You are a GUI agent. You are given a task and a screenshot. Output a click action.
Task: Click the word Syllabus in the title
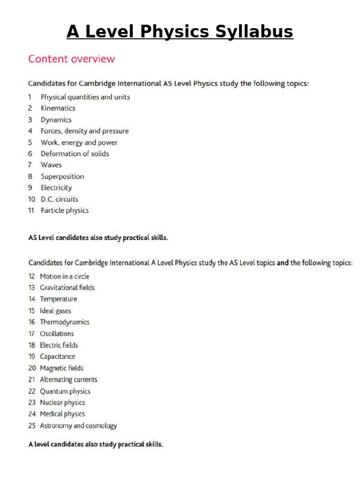(x=252, y=32)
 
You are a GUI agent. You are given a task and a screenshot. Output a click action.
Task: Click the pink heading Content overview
(x=71, y=59)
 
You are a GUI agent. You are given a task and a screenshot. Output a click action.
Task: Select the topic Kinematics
(x=58, y=108)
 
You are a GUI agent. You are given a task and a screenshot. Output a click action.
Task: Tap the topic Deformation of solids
(x=75, y=154)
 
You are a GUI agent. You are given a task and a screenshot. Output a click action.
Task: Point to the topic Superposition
(x=62, y=177)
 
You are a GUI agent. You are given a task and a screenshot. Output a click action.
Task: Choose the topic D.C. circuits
(x=60, y=199)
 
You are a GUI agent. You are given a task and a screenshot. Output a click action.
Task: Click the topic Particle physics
(x=64, y=210)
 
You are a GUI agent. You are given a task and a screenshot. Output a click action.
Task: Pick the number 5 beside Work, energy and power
(x=30, y=142)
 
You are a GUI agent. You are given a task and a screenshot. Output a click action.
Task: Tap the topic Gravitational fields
(x=67, y=288)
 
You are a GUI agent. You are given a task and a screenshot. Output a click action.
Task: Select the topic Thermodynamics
(x=64, y=322)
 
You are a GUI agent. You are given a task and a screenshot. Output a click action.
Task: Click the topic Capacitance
(x=57, y=357)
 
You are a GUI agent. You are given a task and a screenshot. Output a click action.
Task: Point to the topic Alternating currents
(x=68, y=380)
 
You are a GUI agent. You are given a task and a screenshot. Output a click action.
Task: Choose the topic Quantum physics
(x=65, y=391)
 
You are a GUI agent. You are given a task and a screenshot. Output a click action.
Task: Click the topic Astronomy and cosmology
(x=78, y=426)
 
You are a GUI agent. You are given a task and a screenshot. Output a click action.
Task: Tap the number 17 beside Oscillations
(x=31, y=334)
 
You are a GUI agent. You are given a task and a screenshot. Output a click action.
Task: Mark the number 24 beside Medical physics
(x=32, y=414)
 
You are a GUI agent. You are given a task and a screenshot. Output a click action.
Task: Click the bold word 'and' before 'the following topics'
(x=283, y=263)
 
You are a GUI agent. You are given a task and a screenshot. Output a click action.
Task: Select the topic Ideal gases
(x=55, y=311)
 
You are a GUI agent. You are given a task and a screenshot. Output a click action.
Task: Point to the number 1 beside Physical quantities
(x=30, y=97)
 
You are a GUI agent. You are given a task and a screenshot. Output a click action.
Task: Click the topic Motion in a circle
(x=64, y=277)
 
